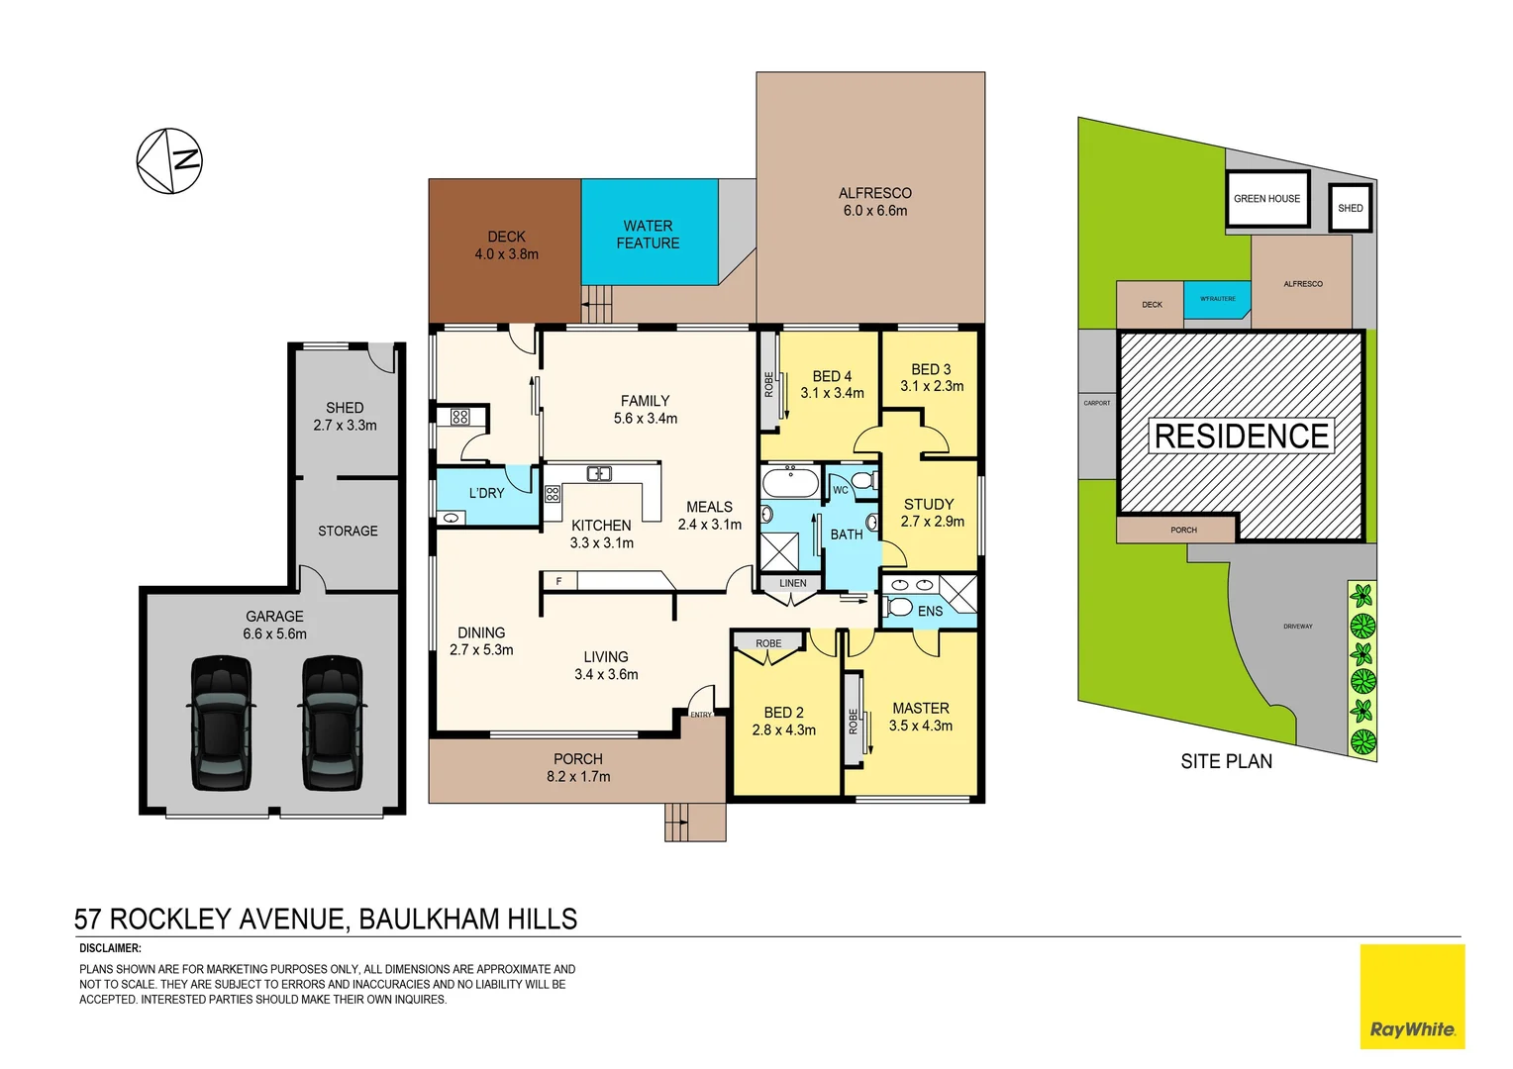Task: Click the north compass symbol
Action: pyautogui.click(x=169, y=160)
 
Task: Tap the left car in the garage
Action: pyautogui.click(x=220, y=722)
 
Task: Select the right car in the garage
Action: pyautogui.click(x=333, y=722)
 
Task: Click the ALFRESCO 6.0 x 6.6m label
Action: pyautogui.click(x=874, y=202)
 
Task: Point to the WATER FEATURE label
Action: pyautogui.click(x=648, y=235)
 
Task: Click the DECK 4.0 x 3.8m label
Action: pyautogui.click(x=506, y=245)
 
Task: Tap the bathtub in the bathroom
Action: pyautogui.click(x=789, y=483)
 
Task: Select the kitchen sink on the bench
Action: pyautogui.click(x=599, y=474)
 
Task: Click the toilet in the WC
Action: pyautogui.click(x=862, y=481)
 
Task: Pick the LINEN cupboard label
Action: pyautogui.click(x=792, y=583)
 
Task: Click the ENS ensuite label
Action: pyautogui.click(x=930, y=612)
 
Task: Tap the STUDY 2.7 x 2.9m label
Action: pyautogui.click(x=931, y=513)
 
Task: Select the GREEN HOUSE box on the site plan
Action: pyautogui.click(x=1266, y=199)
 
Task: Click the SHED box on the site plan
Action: pyautogui.click(x=1350, y=208)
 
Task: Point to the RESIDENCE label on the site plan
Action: pyautogui.click(x=1241, y=437)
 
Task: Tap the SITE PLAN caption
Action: pyautogui.click(x=1226, y=761)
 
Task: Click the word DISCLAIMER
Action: pyautogui.click(x=110, y=948)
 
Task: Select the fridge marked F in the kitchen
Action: pyautogui.click(x=559, y=581)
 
